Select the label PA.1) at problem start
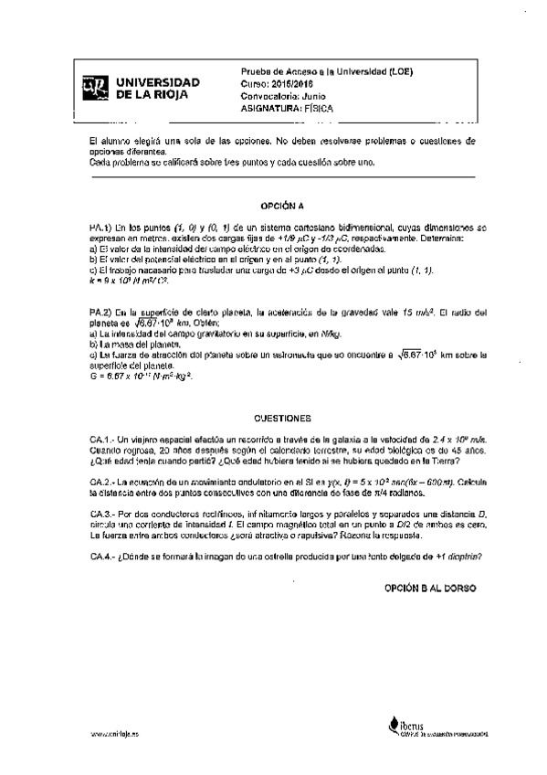pyautogui.click(x=100, y=227)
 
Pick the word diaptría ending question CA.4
pyautogui.click(x=459, y=555)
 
